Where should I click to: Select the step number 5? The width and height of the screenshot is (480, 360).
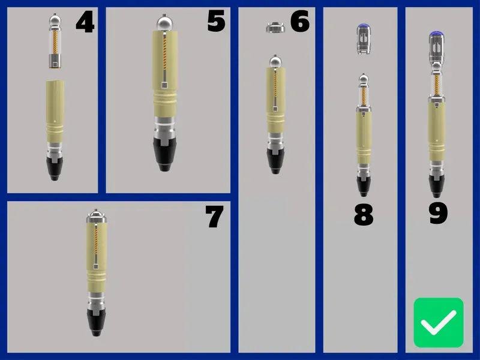(x=217, y=21)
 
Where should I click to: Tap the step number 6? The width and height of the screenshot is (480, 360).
(x=300, y=21)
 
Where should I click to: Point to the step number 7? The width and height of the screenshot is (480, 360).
(x=214, y=217)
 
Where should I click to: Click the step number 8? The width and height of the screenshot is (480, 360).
(x=364, y=215)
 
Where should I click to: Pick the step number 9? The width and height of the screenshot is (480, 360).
(x=439, y=214)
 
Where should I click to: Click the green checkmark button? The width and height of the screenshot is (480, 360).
(x=439, y=322)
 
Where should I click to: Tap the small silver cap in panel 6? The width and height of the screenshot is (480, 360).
(x=275, y=27)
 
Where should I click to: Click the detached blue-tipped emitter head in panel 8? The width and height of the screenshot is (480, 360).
(x=364, y=39)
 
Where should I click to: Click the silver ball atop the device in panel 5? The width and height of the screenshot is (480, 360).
(x=166, y=23)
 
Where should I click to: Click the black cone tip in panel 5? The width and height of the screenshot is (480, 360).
(x=164, y=154)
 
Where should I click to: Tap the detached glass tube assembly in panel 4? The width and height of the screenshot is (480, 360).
(x=55, y=41)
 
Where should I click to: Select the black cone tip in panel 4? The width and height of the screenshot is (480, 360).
(x=55, y=169)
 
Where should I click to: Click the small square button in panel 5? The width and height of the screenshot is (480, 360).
(x=164, y=85)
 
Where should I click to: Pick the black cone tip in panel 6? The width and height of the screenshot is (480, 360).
(x=275, y=161)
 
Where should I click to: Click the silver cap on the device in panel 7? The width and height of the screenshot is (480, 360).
(x=97, y=216)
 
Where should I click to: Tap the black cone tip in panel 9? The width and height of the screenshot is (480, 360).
(x=437, y=186)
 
